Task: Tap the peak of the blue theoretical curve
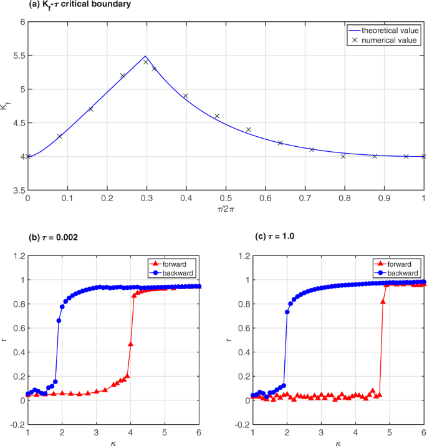pyautogui.click(x=145, y=56)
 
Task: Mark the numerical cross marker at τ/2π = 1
pyautogui.click(x=424, y=156)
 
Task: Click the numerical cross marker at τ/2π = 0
pyautogui.click(x=28, y=156)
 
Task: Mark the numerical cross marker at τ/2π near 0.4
pyautogui.click(x=185, y=96)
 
